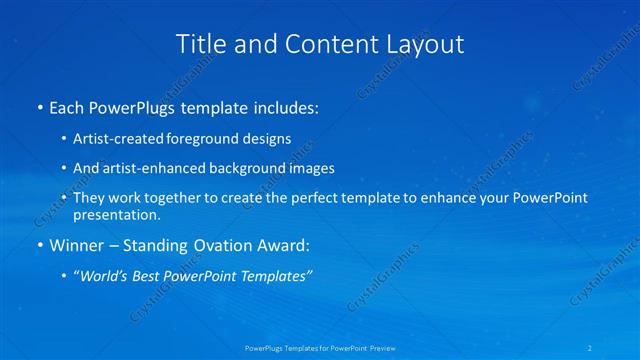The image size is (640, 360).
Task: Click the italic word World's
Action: [x=105, y=275]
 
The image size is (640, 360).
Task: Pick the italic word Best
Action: [x=149, y=275]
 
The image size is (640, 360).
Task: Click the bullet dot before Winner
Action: [x=39, y=245]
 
